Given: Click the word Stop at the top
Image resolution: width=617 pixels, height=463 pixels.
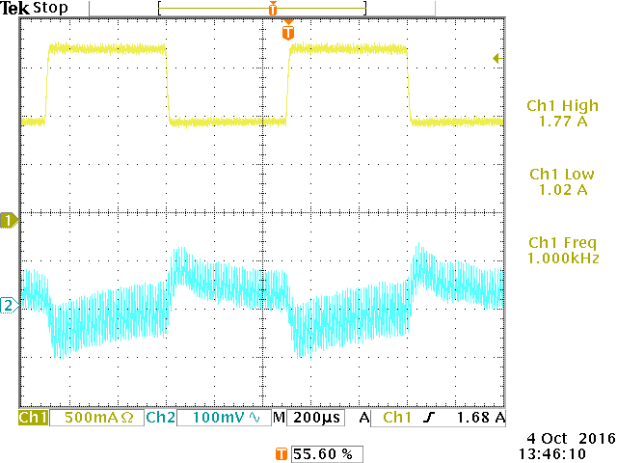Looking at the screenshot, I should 51,8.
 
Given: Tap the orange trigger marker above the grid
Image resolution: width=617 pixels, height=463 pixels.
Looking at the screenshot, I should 287,32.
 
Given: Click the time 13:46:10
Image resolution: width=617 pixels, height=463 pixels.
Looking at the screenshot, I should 552,451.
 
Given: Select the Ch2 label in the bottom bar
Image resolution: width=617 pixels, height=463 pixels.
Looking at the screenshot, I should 159,419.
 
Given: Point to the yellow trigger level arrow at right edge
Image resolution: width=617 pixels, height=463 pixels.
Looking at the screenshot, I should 497,59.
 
